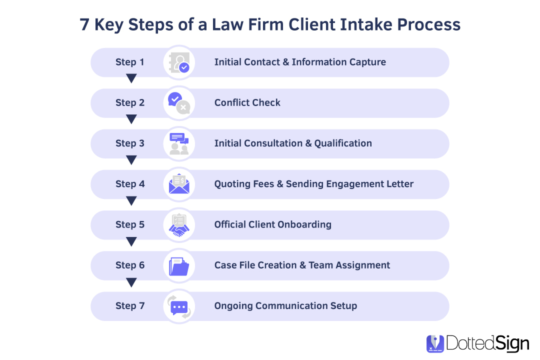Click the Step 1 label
tap(129, 62)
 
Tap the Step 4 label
tap(129, 184)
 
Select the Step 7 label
tap(129, 306)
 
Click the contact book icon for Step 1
tap(179, 62)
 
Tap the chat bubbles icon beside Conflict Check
tap(179, 103)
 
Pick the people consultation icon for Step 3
tap(179, 143)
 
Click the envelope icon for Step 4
tap(179, 184)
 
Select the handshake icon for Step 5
tap(179, 225)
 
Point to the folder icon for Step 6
tap(179, 265)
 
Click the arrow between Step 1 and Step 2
tap(131, 78)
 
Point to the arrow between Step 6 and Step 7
tap(131, 282)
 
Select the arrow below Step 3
tap(131, 160)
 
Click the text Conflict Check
tap(247, 103)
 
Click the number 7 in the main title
tap(85, 24)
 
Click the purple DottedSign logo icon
tap(435, 343)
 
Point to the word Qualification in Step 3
tap(343, 143)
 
